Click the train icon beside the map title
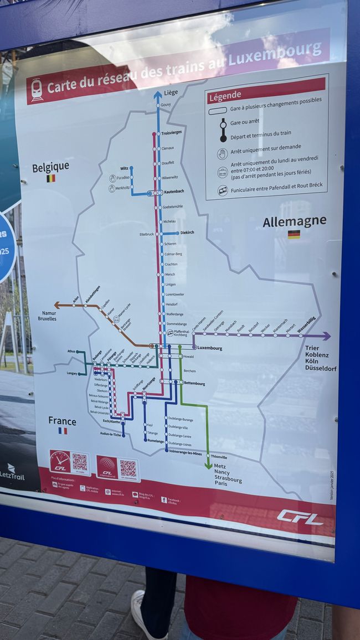37,90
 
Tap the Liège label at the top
171,92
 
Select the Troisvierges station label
172,133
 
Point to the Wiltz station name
124,168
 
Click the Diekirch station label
187,233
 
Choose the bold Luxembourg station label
210,348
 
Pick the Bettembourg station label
194,383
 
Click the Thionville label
219,457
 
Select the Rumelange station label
156,441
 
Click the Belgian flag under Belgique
50,178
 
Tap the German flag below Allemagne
294,234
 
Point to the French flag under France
63,431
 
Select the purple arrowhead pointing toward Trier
327,336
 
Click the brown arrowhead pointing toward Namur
57,304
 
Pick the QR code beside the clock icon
80,462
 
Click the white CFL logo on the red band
300,517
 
